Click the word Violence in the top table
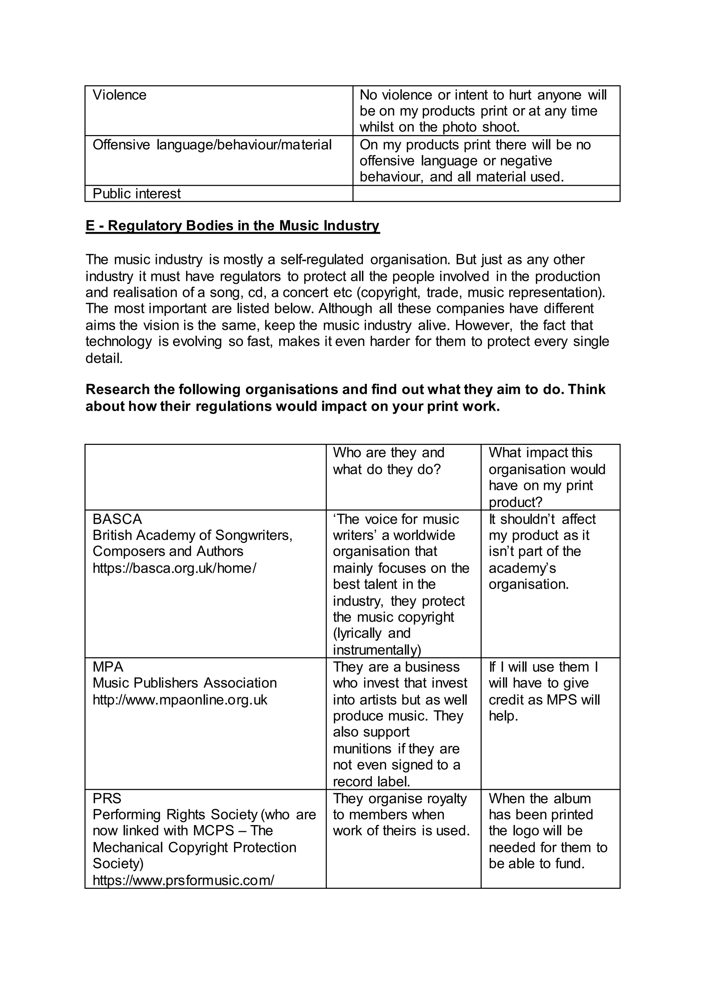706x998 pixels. coord(120,95)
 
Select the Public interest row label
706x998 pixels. coord(137,194)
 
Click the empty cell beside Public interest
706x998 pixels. coord(486,194)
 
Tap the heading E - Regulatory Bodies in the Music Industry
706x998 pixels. coord(233,226)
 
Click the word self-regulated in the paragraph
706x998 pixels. coord(322,260)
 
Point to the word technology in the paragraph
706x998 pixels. coord(119,342)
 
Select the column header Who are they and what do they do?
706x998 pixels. coord(388,461)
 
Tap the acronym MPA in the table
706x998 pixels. coord(108,667)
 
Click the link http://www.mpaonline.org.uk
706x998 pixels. coord(180,700)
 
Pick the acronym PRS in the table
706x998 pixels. coord(107,798)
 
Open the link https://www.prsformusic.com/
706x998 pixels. coord(183,880)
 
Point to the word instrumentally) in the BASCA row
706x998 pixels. coord(377,650)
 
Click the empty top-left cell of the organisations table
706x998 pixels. coord(205,477)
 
